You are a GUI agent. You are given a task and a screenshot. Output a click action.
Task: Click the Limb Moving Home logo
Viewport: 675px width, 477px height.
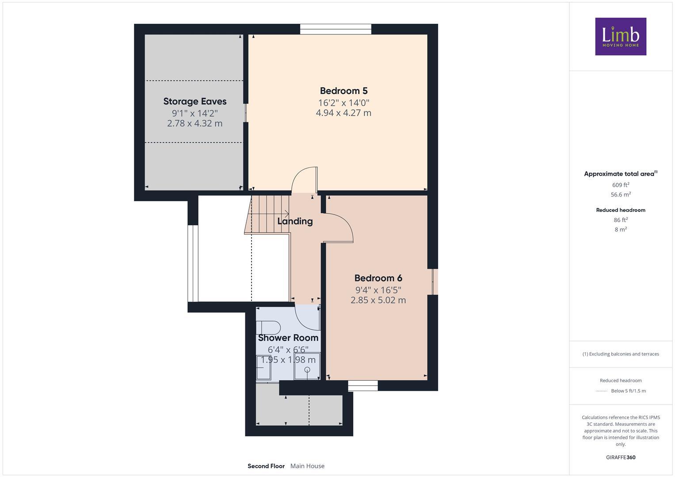click(x=620, y=36)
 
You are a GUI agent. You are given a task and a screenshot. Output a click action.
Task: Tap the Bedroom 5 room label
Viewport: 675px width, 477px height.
click(x=343, y=91)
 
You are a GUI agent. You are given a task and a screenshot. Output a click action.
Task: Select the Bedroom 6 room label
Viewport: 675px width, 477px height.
click(x=378, y=278)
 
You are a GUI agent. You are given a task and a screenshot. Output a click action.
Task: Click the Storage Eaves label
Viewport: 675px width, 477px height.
click(x=194, y=102)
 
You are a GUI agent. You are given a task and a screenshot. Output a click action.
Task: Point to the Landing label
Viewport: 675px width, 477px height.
click(x=295, y=221)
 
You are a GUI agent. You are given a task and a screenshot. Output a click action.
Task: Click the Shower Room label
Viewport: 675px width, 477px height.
click(x=288, y=338)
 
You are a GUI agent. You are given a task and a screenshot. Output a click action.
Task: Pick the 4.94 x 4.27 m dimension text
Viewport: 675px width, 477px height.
click(x=343, y=113)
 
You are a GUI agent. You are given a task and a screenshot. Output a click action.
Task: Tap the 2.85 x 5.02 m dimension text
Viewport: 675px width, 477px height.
click(x=378, y=300)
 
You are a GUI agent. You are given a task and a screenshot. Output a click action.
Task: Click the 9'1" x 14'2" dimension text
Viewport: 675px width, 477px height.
click(x=194, y=113)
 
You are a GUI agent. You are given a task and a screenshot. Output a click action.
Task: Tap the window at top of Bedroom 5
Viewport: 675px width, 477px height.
click(x=336, y=29)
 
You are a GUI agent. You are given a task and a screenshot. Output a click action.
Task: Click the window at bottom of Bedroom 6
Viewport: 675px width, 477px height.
click(x=362, y=386)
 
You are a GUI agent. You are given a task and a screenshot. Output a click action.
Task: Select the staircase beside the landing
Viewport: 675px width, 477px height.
click(x=267, y=215)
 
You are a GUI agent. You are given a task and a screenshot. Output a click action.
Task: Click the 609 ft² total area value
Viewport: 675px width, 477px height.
click(x=620, y=185)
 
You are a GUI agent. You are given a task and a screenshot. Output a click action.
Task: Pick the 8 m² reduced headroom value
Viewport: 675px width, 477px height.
click(x=620, y=229)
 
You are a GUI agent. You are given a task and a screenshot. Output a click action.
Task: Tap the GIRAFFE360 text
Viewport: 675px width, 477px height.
click(x=620, y=458)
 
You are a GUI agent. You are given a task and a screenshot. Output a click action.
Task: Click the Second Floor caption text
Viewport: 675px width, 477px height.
click(x=266, y=466)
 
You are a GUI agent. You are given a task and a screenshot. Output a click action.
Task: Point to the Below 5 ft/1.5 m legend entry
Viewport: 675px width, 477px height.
click(x=628, y=391)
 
